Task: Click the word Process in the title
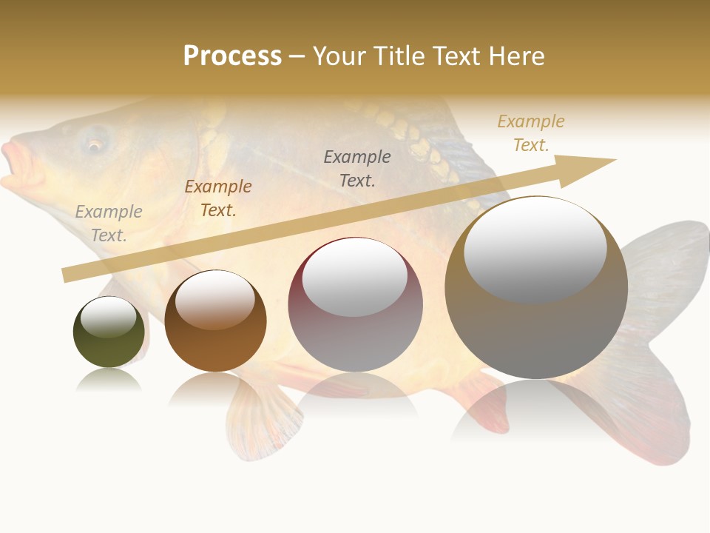pyautogui.click(x=232, y=56)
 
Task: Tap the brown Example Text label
pyautogui.click(x=218, y=198)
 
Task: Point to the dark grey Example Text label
pyautogui.click(x=357, y=168)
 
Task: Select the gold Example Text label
pyautogui.click(x=531, y=133)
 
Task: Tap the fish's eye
pyautogui.click(x=95, y=144)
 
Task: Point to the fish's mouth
pyautogui.click(x=16, y=164)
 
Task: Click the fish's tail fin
pyautogui.click(x=658, y=355)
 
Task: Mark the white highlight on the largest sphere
pyautogui.click(x=535, y=249)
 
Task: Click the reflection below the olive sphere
pyautogui.click(x=108, y=381)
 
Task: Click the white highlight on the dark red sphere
pyautogui.click(x=355, y=278)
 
